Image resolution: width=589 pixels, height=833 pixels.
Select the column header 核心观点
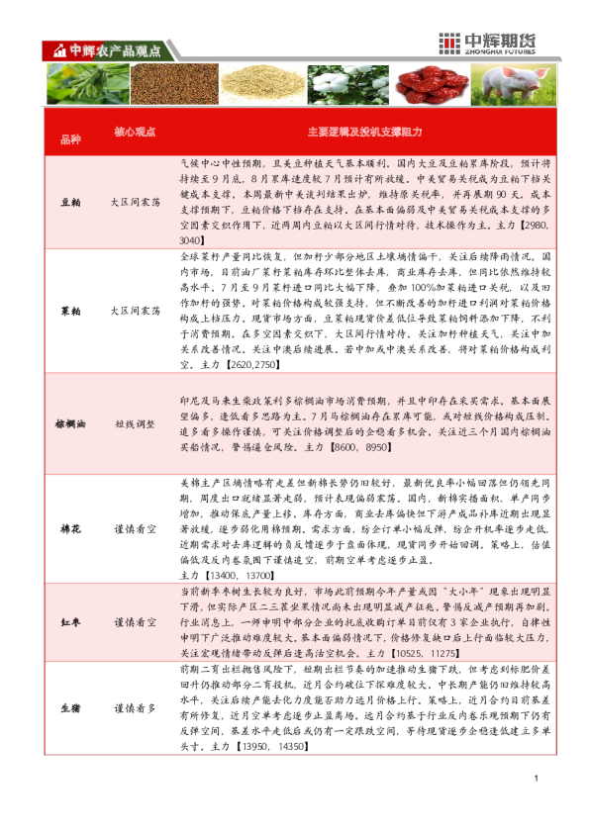(x=136, y=132)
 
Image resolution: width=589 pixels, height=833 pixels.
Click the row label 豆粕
(x=70, y=201)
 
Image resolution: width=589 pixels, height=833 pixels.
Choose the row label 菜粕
(x=70, y=311)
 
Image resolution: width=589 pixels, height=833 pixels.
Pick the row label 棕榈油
(x=70, y=423)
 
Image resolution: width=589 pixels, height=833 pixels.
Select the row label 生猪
(x=70, y=708)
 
